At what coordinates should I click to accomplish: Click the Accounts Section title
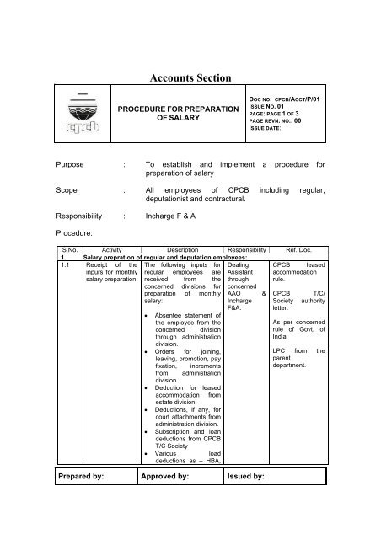pyautogui.click(x=190, y=78)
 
